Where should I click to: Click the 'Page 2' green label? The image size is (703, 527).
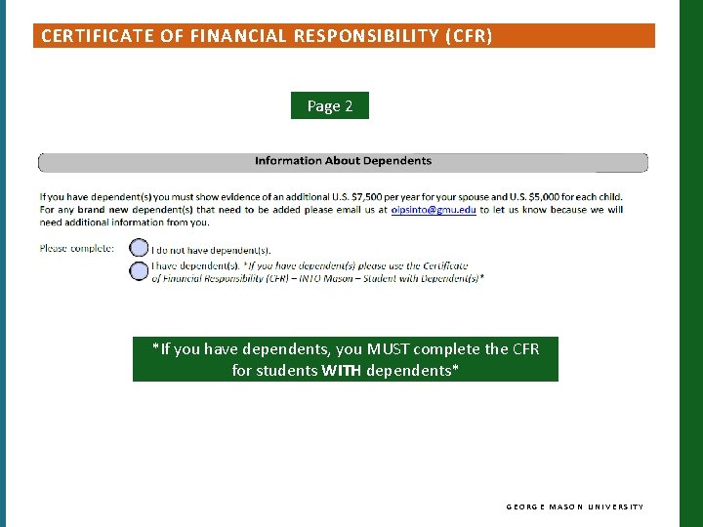click(330, 105)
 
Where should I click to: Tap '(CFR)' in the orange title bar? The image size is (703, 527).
click(468, 37)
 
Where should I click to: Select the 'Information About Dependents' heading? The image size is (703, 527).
click(343, 161)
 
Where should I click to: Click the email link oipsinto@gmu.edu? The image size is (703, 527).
click(434, 210)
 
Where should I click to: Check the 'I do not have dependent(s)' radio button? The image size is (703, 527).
click(140, 249)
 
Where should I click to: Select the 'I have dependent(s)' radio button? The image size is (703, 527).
click(140, 270)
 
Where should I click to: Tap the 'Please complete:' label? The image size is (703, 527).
click(77, 248)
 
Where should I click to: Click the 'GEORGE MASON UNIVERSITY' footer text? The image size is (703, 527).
click(574, 507)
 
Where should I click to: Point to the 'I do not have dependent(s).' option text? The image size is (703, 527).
click(203, 250)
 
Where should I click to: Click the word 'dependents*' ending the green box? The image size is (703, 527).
click(412, 371)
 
